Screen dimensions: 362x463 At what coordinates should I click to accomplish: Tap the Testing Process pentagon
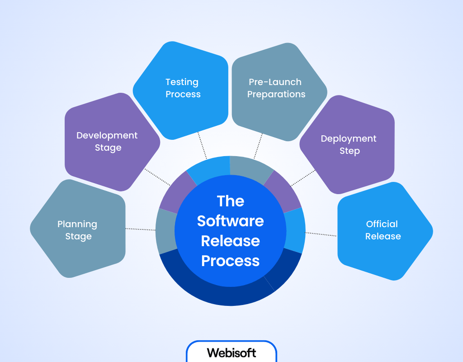click(183, 88)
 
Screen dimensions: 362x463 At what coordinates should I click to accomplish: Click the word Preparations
click(276, 95)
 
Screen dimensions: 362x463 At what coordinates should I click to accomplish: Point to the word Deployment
click(349, 138)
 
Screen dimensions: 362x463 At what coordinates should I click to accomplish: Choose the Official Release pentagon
click(383, 230)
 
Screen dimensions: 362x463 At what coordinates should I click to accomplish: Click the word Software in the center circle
click(231, 221)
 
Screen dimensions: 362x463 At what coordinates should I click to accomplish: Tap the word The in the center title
click(231, 201)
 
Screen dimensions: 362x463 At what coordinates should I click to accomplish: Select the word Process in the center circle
click(231, 261)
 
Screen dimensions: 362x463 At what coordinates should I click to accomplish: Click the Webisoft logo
click(231, 352)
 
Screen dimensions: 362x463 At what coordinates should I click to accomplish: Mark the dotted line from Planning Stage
click(140, 229)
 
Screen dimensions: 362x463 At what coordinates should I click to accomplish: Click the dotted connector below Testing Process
click(202, 145)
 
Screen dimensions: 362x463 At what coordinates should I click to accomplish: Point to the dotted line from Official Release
click(321, 234)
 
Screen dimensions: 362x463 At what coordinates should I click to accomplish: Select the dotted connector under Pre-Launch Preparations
click(258, 145)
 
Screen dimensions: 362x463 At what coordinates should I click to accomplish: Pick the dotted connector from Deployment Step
click(302, 179)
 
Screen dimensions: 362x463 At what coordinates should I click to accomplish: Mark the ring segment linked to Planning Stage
click(165, 231)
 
